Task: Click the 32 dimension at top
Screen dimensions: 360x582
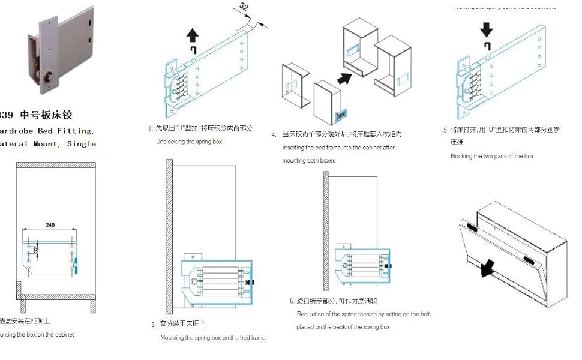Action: [244, 7]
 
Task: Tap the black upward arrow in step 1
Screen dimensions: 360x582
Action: [193, 34]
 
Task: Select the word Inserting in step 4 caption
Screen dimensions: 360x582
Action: [296, 148]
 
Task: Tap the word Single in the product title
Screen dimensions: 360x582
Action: [82, 143]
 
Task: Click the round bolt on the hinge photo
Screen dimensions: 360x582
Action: [47, 78]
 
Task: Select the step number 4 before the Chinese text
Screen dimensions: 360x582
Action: [274, 134]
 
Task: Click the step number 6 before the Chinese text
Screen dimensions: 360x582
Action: [292, 301]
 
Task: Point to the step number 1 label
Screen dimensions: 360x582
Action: [150, 128]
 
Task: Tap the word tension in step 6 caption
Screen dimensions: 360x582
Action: [371, 314]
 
